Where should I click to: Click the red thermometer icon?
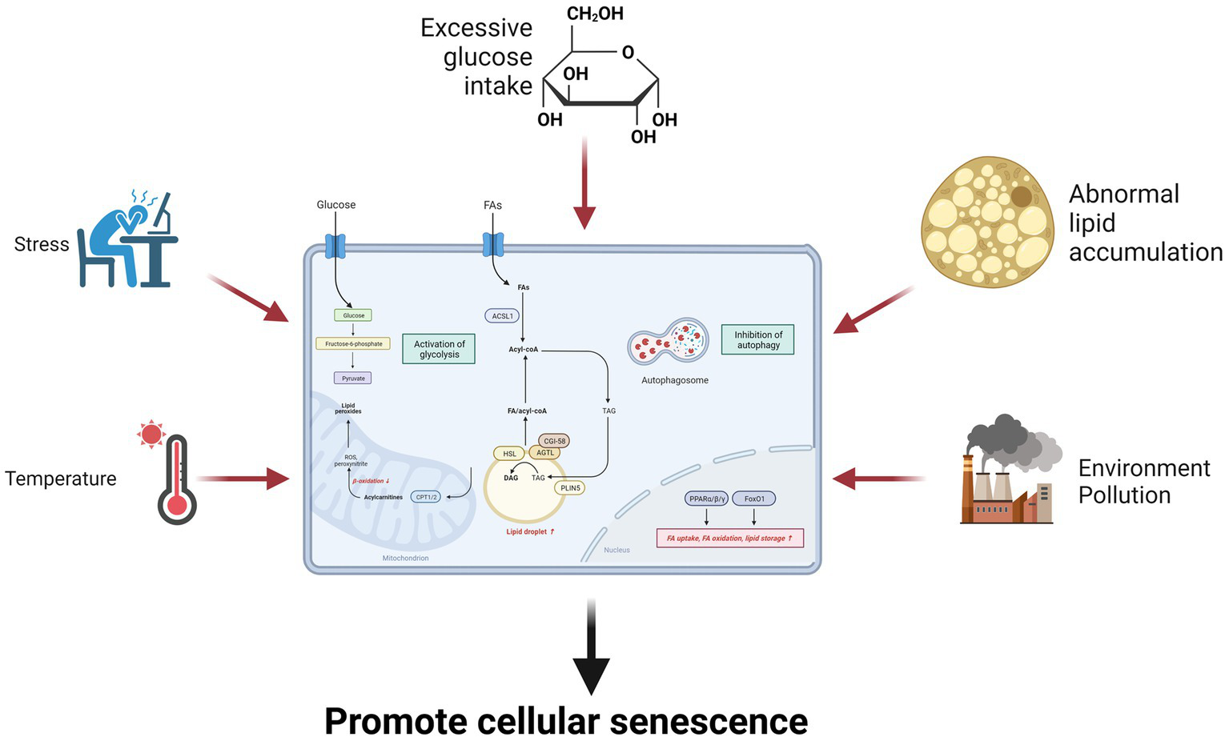pos(177,480)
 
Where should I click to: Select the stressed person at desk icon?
pos(128,240)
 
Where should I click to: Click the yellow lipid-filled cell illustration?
pos(986,222)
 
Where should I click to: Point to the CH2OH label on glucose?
pos(594,14)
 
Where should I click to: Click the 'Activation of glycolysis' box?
pos(439,349)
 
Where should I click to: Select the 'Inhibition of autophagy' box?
pos(757,340)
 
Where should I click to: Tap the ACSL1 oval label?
pos(502,316)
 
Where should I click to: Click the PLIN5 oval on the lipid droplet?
pos(570,487)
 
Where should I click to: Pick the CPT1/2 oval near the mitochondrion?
pos(426,497)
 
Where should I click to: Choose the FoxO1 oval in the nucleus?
pos(753,499)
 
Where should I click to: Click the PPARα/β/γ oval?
pos(707,499)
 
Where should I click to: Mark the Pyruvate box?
pos(353,378)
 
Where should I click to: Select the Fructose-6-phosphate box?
pos(353,343)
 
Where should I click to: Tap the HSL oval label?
pos(509,454)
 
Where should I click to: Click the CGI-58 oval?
pos(554,441)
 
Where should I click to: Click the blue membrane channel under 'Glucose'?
pos(335,245)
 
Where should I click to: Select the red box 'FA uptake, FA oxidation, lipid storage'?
pos(729,538)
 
